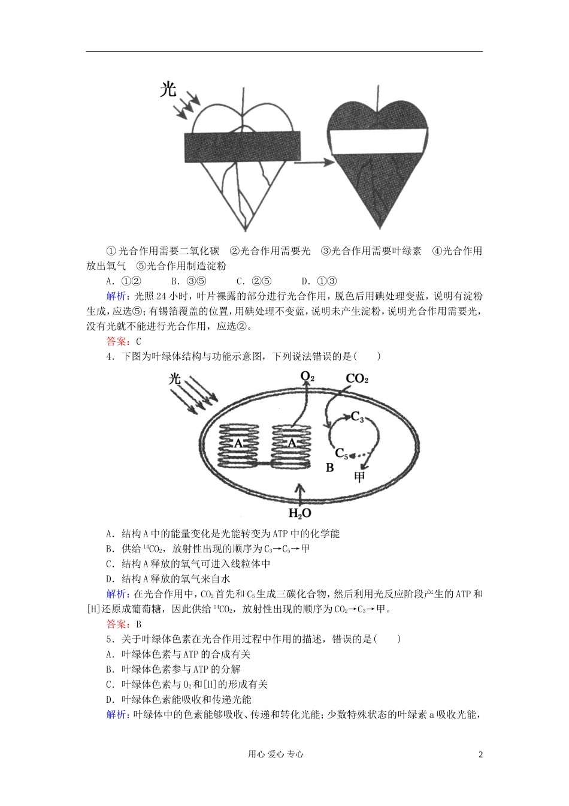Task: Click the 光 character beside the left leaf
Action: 168,89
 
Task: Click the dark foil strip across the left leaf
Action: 241,147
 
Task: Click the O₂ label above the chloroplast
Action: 307,377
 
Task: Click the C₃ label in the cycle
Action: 357,417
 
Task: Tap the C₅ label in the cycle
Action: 341,453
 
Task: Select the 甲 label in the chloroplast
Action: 359,477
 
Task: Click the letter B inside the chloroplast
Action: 329,468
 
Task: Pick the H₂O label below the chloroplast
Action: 300,513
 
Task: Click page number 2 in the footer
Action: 480,754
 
